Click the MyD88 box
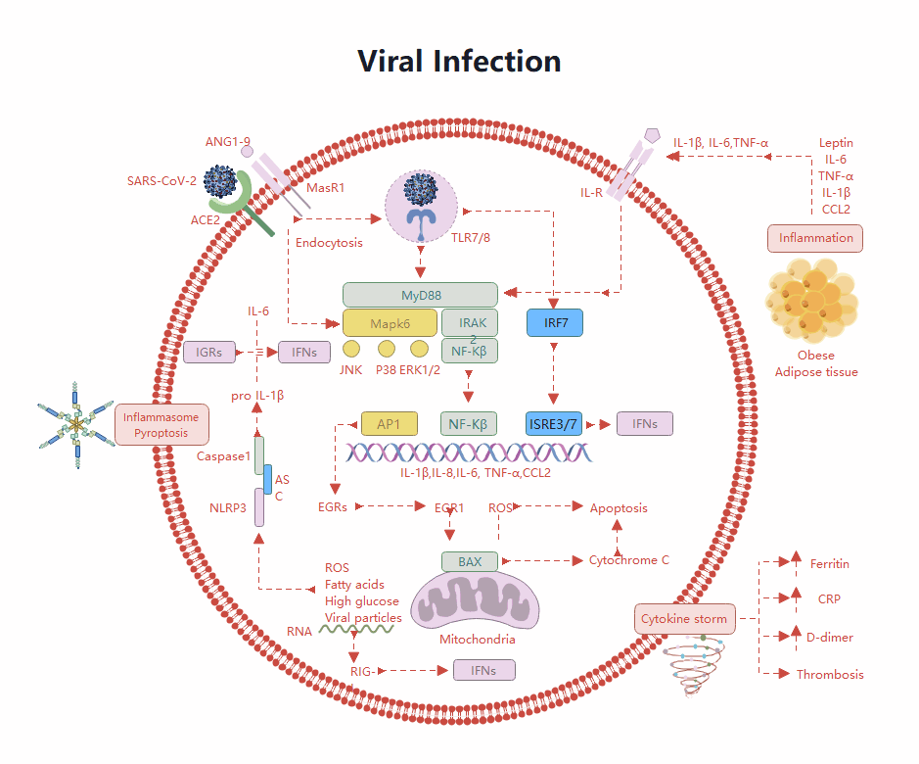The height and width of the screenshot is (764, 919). point(421,294)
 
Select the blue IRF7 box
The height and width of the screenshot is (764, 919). point(555,322)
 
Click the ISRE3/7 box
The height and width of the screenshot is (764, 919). point(555,423)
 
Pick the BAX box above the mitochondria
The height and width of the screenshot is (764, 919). point(470,561)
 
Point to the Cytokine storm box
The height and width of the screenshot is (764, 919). point(684,619)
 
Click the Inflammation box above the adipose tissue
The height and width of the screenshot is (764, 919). point(815,237)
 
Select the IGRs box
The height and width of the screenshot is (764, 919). point(209,352)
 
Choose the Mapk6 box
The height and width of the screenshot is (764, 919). point(390,322)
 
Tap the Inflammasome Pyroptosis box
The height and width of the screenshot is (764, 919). point(161,424)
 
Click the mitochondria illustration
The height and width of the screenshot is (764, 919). point(475,600)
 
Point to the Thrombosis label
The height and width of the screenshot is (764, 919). point(830,674)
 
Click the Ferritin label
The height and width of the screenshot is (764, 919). point(829,563)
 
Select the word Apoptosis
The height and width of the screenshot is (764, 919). point(618,507)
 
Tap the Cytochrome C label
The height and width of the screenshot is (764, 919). point(628,560)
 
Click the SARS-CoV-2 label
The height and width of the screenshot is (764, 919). point(161,180)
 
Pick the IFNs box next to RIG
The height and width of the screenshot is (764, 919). point(483,670)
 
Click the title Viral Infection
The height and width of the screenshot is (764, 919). point(459,61)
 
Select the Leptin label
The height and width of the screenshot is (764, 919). point(835,143)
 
